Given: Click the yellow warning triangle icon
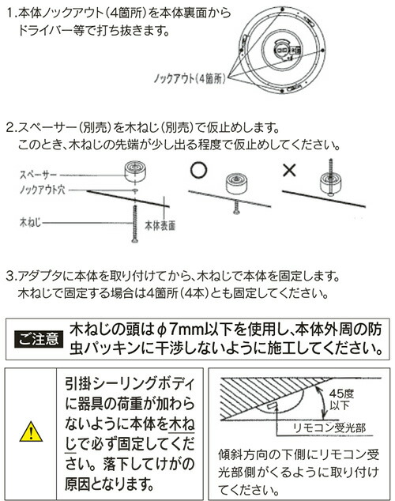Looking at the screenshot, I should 28,431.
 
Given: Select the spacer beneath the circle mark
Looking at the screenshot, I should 236,183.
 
